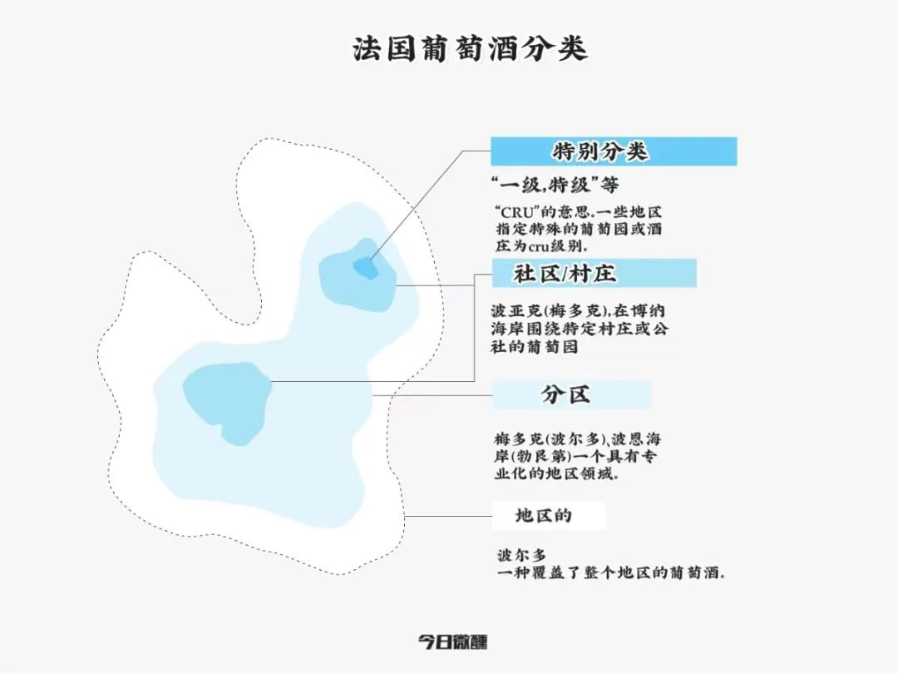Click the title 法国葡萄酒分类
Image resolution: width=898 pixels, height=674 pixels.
470,48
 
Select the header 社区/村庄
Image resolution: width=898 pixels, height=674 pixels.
565,273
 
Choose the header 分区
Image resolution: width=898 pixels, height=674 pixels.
565,394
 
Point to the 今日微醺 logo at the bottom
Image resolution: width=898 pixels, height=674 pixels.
452,642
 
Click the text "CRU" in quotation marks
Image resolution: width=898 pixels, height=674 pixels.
514,212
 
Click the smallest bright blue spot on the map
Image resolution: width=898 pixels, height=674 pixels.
365,267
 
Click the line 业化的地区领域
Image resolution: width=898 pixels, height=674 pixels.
554,475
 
